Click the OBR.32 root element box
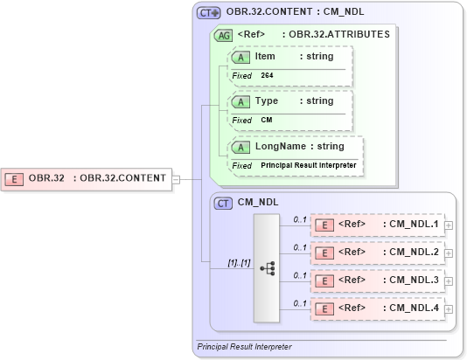click(x=87, y=179)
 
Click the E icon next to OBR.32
click(x=15, y=179)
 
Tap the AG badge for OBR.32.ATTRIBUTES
click(x=224, y=36)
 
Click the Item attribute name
click(x=265, y=56)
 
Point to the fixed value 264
click(x=267, y=76)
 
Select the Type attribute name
click(x=266, y=100)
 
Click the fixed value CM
click(x=267, y=120)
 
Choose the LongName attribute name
click(x=280, y=146)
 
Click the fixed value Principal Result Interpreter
click(x=309, y=165)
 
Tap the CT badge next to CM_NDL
click(x=224, y=203)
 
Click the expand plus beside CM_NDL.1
click(x=449, y=225)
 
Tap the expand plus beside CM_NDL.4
click(x=449, y=308)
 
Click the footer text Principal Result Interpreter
click(x=244, y=347)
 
